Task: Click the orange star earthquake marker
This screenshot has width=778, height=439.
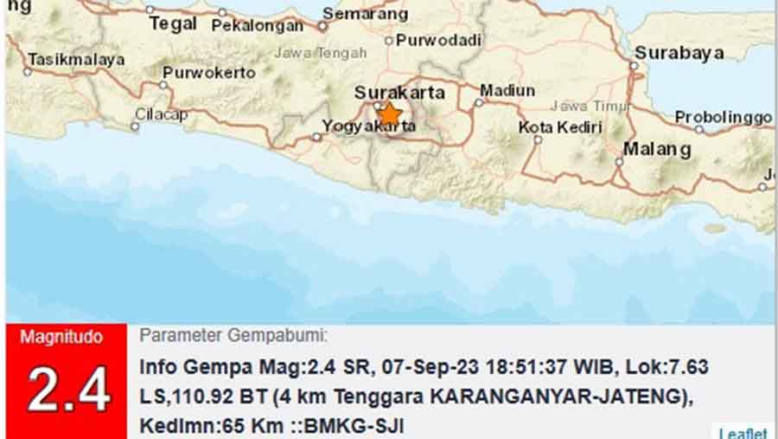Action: coord(390,113)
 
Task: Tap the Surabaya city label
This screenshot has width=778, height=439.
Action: coord(679,53)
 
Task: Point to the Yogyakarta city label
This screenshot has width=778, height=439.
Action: coord(368,126)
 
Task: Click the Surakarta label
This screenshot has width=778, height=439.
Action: coord(400,92)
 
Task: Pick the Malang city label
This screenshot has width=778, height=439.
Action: coord(657,149)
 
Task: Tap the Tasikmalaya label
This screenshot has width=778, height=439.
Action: coord(76,60)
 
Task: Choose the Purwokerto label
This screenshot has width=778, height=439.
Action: coord(209,73)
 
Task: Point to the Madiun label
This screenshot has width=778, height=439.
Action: coord(507,90)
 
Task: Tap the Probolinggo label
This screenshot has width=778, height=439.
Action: coord(723,117)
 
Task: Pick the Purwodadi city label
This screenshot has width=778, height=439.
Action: coord(438,40)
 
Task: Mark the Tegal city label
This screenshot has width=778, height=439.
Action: coord(173,23)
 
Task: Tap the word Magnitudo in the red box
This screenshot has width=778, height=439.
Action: coord(61,337)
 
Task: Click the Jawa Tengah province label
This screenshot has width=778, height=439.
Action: coord(321,53)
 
